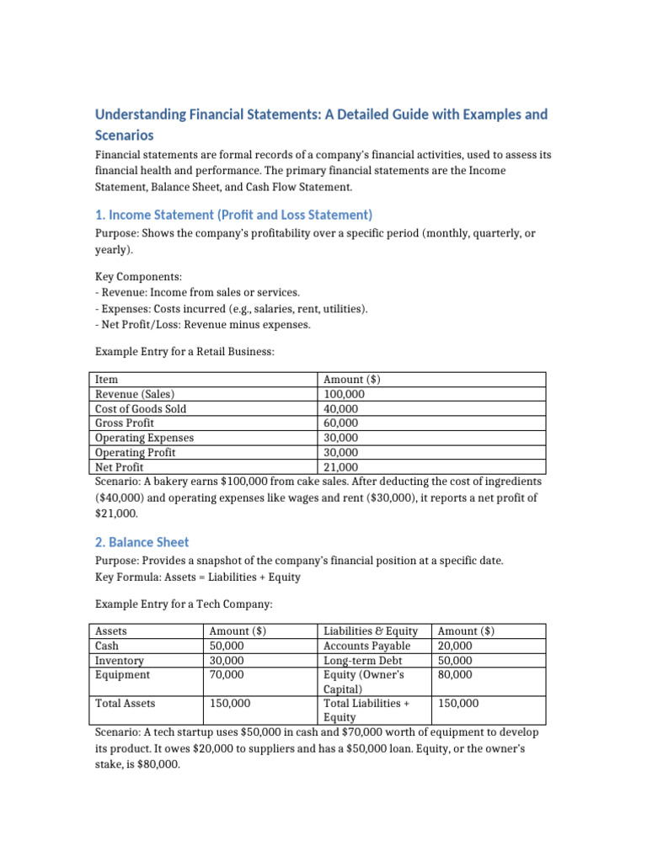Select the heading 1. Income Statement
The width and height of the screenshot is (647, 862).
(x=233, y=215)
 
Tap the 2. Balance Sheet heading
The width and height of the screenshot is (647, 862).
(x=142, y=542)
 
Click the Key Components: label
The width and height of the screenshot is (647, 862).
(x=133, y=276)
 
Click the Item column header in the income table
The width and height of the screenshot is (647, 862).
(x=106, y=380)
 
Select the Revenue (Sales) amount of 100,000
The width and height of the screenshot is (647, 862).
(x=345, y=394)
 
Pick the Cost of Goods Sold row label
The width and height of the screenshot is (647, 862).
(x=141, y=408)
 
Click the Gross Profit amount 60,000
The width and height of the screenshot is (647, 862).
(x=341, y=423)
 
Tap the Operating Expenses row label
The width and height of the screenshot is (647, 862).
(x=144, y=438)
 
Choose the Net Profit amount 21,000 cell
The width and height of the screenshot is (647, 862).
(x=341, y=467)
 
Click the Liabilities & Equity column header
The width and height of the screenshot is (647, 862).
(x=371, y=631)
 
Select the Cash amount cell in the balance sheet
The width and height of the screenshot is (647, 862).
(x=227, y=646)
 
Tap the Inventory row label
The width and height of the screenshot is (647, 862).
(x=120, y=661)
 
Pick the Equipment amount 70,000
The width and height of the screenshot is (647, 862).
(x=227, y=674)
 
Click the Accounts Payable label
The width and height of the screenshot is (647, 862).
(x=371, y=646)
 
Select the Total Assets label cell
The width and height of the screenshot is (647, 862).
(x=125, y=703)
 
